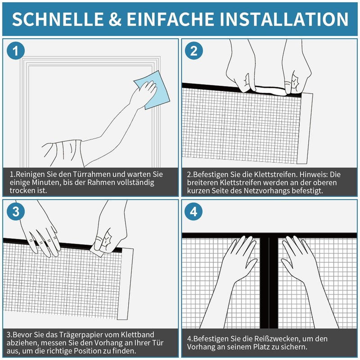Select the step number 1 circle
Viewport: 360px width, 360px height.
click(x=16, y=51)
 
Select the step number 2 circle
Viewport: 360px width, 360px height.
click(x=194, y=51)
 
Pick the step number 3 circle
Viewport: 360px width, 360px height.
click(x=16, y=212)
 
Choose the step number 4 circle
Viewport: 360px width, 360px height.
click(x=194, y=212)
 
